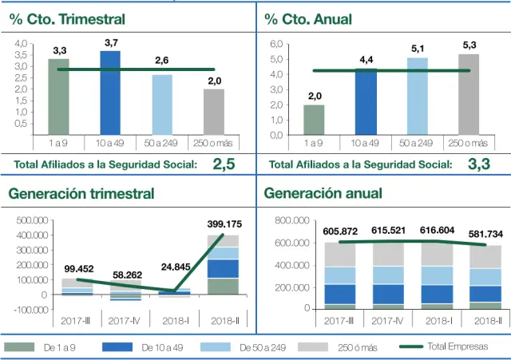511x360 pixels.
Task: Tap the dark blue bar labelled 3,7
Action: point(110,92)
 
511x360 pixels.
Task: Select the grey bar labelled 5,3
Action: point(469,94)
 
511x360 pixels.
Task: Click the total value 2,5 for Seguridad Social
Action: point(224,165)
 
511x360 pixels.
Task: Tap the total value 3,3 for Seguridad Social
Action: point(478,165)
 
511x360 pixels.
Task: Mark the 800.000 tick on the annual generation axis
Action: point(294,220)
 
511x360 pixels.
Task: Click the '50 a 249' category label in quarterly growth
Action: point(162,143)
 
